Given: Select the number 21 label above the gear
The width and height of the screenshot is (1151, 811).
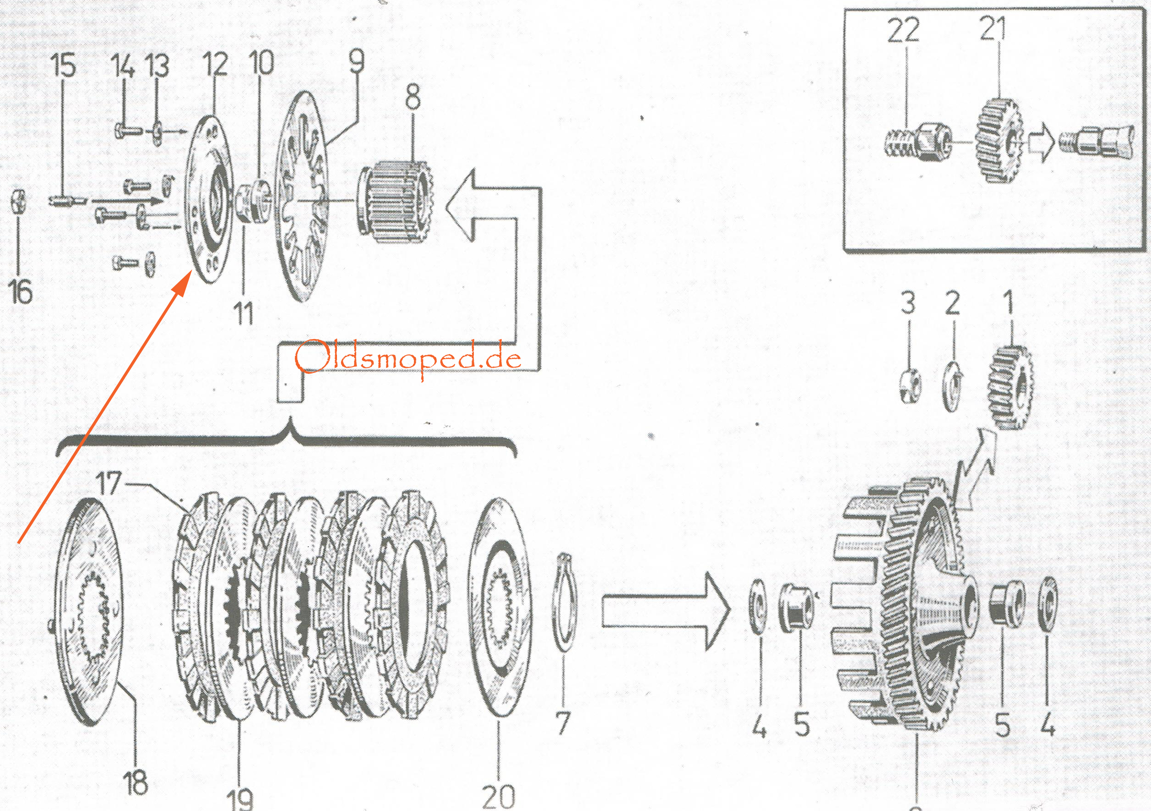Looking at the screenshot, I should [x=992, y=28].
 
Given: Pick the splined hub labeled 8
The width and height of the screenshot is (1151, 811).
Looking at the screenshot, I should [x=396, y=201].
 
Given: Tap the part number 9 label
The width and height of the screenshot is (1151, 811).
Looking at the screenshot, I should [x=357, y=62].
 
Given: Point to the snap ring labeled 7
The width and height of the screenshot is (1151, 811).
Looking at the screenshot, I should [x=565, y=608].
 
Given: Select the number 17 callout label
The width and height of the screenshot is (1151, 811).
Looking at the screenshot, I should [x=109, y=483].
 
